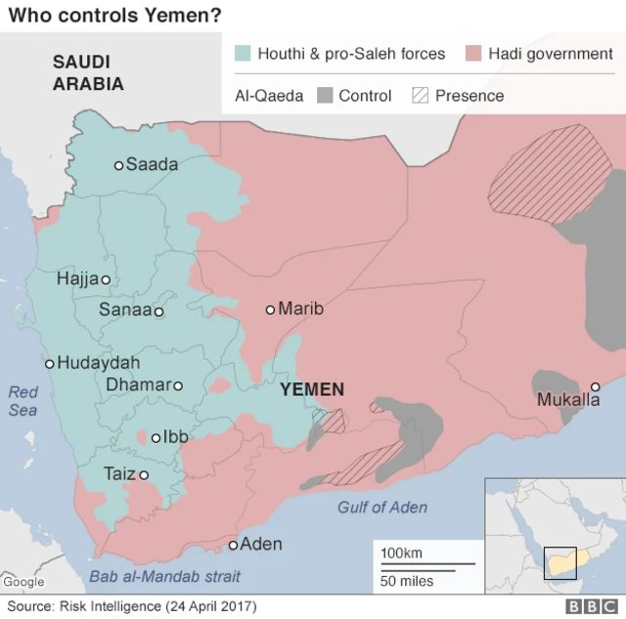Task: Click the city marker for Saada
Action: (119, 165)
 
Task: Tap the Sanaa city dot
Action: (158, 312)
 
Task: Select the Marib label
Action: (300, 309)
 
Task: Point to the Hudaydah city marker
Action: (49, 364)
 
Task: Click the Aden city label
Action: (261, 544)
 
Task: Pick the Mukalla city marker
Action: (595, 386)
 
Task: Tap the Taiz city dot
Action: (144, 475)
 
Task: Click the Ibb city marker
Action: (156, 438)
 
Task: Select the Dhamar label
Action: (138, 385)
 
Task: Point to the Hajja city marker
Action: (106, 280)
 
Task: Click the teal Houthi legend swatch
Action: (243, 54)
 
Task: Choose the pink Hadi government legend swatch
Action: (473, 54)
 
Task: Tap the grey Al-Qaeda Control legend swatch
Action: (325, 96)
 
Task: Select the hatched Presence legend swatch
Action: (421, 96)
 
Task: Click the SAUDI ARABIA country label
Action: (88, 72)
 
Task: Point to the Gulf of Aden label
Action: (382, 507)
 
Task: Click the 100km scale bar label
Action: (401, 553)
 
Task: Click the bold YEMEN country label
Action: (312, 389)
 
